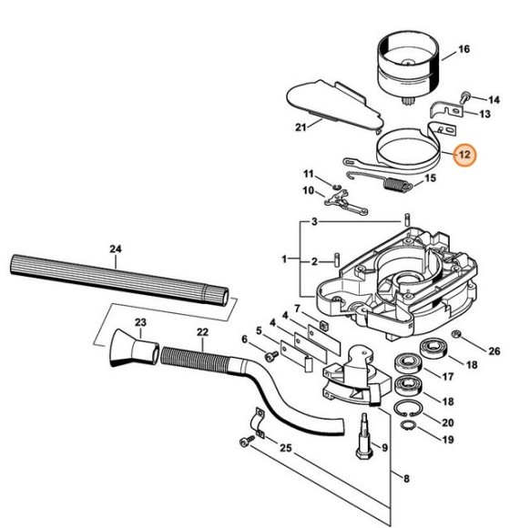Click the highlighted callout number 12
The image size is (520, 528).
(x=464, y=155)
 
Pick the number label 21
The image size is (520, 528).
(x=301, y=127)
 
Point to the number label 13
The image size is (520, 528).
(x=484, y=114)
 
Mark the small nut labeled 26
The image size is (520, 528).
(x=455, y=339)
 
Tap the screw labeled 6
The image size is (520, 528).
(x=270, y=359)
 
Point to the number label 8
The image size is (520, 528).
(x=393, y=476)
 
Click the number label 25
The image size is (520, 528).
(x=287, y=448)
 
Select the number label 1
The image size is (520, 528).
(x=284, y=259)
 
